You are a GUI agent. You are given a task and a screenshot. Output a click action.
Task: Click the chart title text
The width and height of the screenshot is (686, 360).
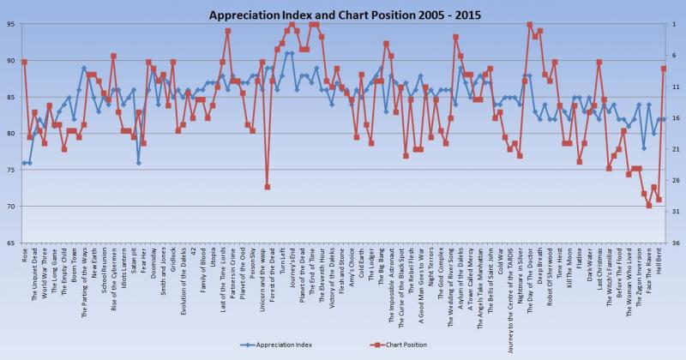pyautogui.click(x=343, y=13)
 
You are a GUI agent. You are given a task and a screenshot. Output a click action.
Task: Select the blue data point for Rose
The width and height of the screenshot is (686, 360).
pyautogui.click(x=24, y=163)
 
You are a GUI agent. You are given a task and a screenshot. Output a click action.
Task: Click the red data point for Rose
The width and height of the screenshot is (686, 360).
pyautogui.click(x=24, y=62)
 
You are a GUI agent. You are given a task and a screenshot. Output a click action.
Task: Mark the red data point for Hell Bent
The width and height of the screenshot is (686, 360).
pyautogui.click(x=663, y=69)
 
